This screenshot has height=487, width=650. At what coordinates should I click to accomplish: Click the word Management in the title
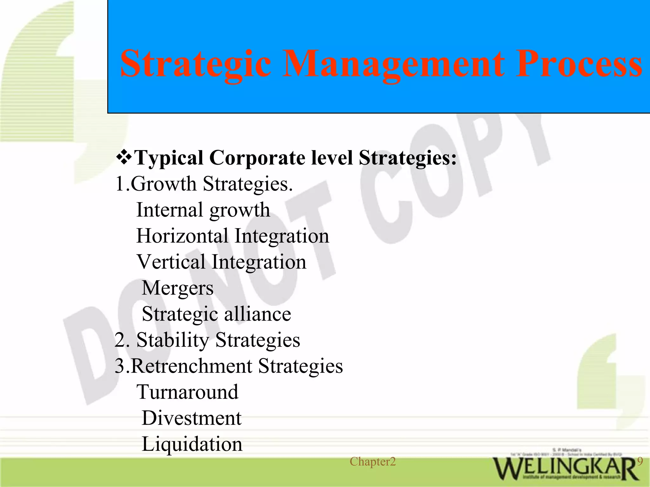pos(393,64)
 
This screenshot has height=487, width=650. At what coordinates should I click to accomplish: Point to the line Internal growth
pos(203,210)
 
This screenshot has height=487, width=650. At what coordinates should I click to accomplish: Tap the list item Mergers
pos(177,288)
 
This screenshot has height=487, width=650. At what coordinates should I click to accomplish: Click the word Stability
pos(173,340)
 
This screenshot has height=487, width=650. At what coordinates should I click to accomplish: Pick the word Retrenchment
pos(191,366)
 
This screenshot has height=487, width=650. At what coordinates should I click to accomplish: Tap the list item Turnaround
pos(187,392)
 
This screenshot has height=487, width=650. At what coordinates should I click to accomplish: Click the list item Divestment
pos(191,418)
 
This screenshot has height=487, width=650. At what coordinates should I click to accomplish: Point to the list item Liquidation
pos(192,444)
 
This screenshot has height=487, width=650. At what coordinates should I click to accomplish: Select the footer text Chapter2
pos(373,462)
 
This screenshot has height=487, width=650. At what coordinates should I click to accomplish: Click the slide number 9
pos(640,461)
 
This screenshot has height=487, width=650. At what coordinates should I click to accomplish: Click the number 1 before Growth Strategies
pos(120,184)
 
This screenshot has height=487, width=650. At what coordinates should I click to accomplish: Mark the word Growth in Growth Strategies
pos(163,184)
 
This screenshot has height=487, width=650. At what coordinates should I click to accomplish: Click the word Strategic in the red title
pos(196,64)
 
